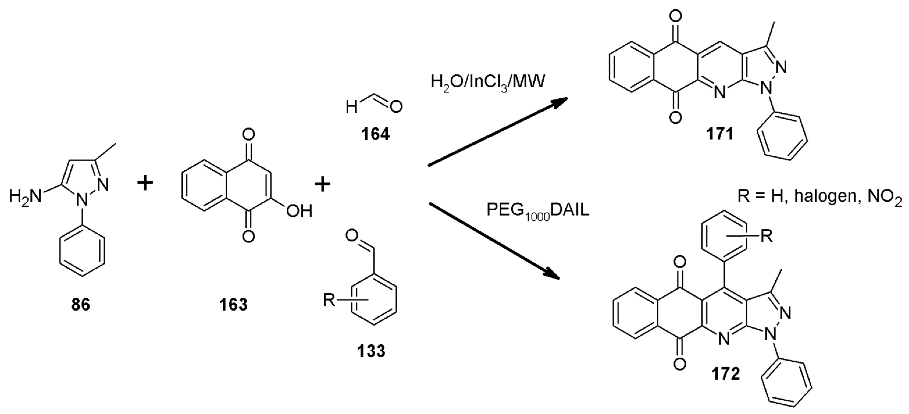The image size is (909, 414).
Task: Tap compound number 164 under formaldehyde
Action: coord(375,134)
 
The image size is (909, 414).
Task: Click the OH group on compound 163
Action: coord(299,212)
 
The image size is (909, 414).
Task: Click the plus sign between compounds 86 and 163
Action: coord(145,184)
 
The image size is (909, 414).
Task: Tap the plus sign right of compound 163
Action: coord(322,185)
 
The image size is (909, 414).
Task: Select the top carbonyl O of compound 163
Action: coord(249,135)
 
